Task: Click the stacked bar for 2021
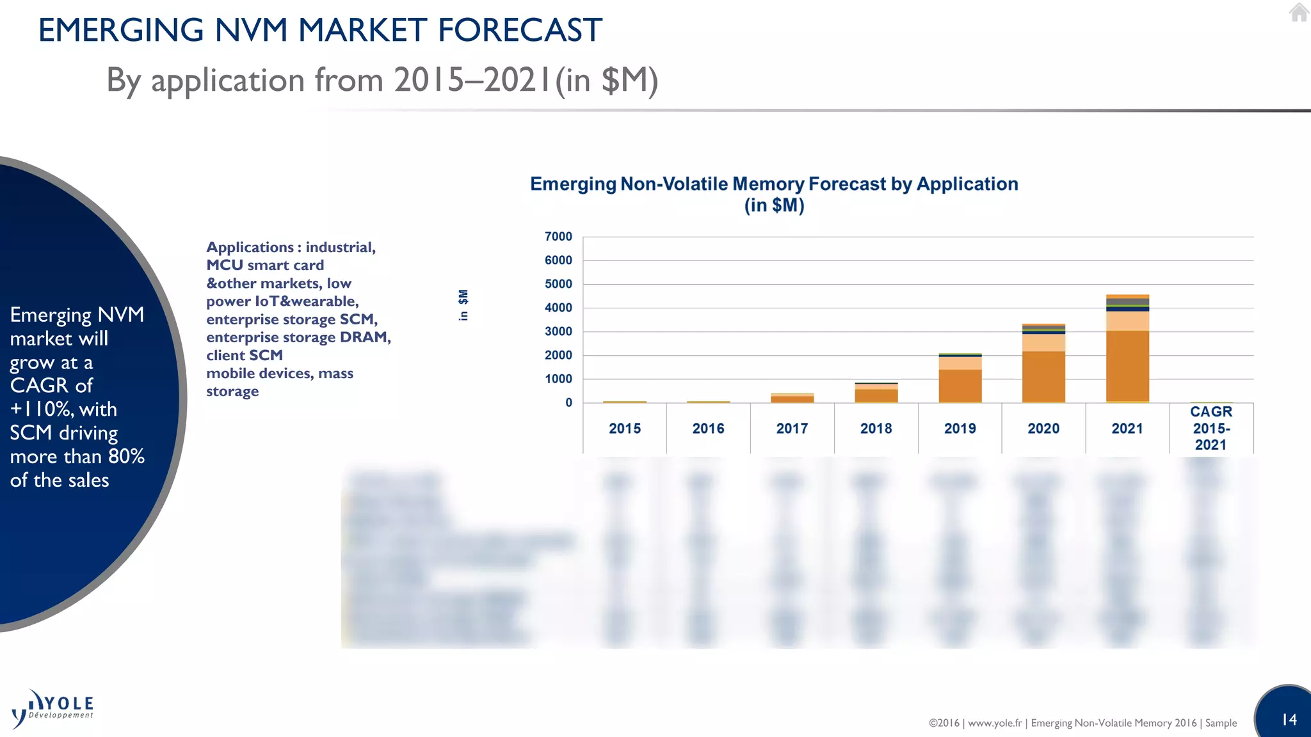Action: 1127,349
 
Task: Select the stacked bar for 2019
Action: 960,379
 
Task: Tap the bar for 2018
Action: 876,393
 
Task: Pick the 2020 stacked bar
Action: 1043,363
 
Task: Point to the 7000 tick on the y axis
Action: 558,237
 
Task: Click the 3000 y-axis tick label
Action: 558,331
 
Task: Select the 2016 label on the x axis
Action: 708,429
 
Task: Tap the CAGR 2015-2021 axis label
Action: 1210,428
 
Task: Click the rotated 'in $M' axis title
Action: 463,305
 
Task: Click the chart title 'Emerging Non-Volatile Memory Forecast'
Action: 773,184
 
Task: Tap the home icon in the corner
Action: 1298,12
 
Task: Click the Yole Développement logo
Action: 52,708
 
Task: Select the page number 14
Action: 1289,720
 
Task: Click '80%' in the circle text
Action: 126,457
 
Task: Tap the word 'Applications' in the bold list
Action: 250,248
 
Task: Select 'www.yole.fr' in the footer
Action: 995,723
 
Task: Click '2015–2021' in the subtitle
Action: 472,81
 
